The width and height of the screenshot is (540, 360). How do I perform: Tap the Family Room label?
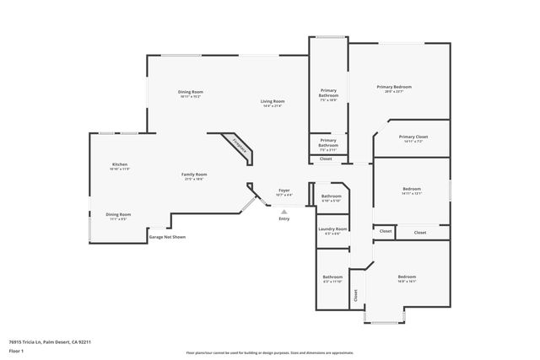[194, 175]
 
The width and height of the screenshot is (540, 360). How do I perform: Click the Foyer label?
[284, 191]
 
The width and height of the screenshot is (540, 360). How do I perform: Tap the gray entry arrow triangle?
[284, 212]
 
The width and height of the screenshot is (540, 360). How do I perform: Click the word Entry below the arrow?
[284, 219]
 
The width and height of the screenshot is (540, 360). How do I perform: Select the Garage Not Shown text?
[167, 237]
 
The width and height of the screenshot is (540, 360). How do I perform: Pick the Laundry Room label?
[332, 229]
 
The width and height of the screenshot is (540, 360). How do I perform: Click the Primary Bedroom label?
[394, 87]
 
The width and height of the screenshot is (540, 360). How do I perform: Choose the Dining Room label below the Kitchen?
[118, 214]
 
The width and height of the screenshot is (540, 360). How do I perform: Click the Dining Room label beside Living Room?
[190, 91]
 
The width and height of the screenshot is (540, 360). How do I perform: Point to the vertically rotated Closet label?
[355, 295]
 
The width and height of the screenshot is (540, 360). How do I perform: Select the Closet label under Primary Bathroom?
[326, 159]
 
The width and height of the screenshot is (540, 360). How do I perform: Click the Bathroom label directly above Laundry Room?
[332, 196]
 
